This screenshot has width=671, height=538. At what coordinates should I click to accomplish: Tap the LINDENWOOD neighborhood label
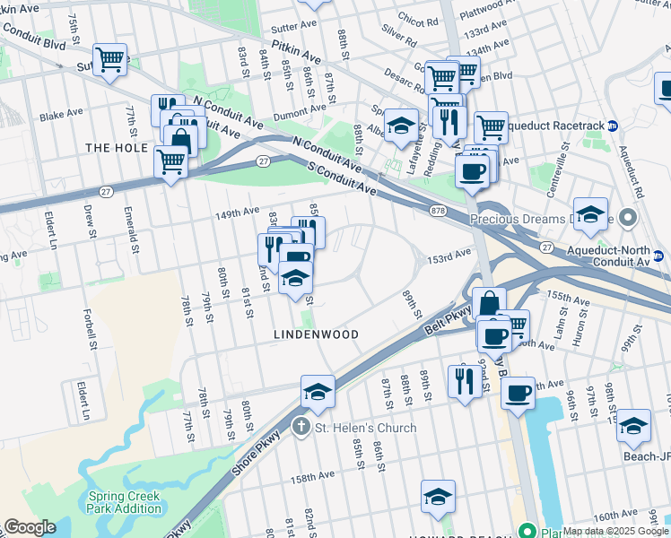[316, 334]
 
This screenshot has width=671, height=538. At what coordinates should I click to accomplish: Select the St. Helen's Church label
[365, 428]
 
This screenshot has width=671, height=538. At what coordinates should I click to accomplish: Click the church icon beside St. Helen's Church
[303, 428]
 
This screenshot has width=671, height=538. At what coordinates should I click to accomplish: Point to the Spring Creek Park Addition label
[124, 502]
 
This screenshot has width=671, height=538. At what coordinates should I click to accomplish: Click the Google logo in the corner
[30, 527]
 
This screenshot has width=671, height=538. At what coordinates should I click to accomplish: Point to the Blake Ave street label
[61, 115]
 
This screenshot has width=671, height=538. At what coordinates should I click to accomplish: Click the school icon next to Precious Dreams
[590, 214]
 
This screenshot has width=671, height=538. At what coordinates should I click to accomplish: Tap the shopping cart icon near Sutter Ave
[110, 60]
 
